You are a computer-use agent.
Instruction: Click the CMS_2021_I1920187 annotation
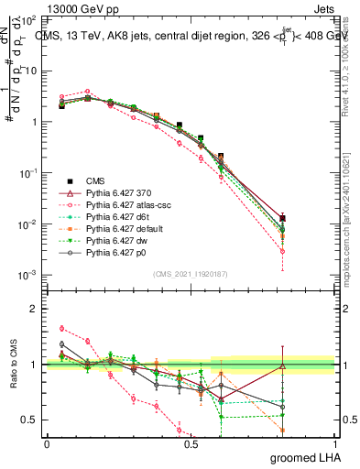tap(191, 273)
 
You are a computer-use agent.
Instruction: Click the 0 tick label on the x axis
tap(47, 443)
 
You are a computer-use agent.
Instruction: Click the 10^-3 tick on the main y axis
tap(27, 276)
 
